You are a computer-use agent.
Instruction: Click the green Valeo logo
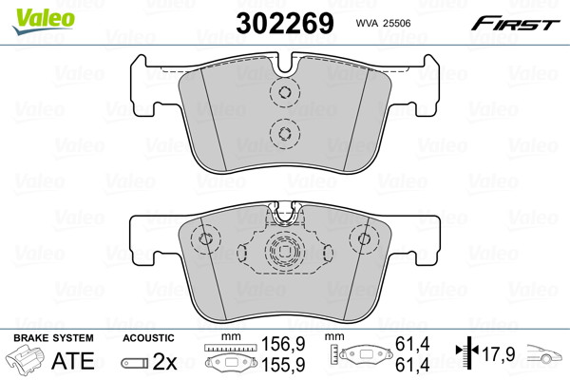tap(44, 21)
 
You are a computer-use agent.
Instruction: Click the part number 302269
tap(285, 23)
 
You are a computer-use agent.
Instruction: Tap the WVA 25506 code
tap(383, 23)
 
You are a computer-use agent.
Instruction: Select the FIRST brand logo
tap(516, 24)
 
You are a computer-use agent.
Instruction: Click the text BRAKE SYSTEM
tap(53, 338)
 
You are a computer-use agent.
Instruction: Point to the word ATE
tap(73, 361)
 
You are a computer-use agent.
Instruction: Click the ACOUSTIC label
tap(148, 338)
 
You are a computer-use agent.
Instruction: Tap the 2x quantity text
tap(164, 361)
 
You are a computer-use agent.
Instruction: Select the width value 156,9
tap(283, 344)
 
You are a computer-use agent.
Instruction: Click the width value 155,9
tap(283, 365)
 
